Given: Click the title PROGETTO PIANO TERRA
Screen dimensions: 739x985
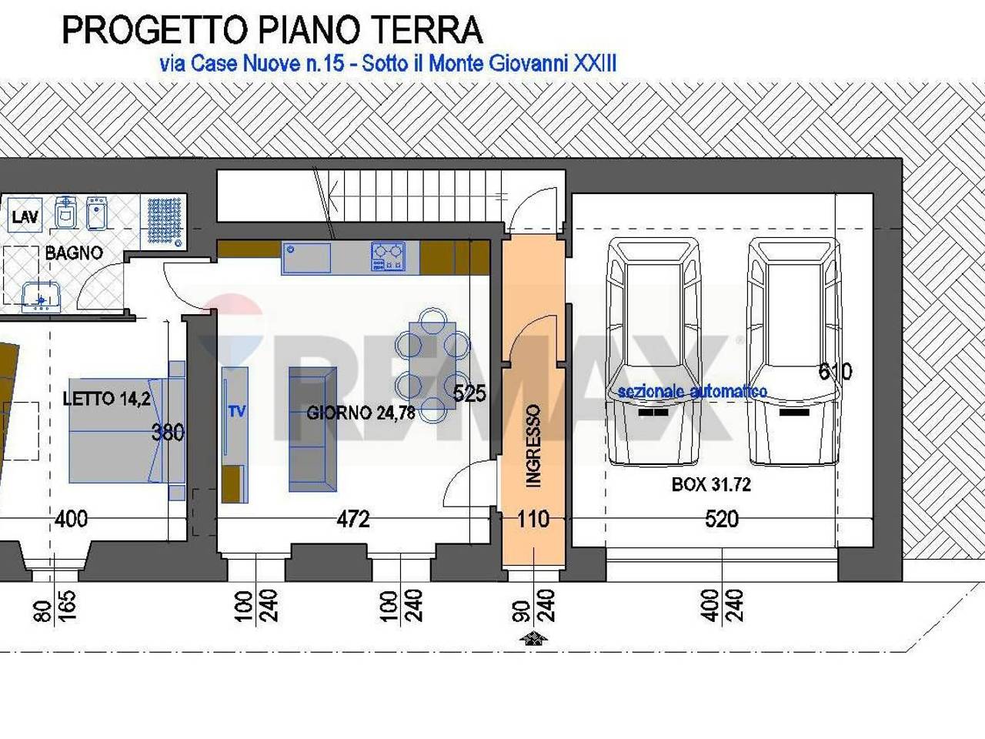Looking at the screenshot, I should [x=272, y=30].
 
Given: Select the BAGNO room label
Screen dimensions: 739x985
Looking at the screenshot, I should [x=73, y=252].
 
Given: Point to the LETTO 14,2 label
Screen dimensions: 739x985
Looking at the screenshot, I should [x=106, y=399].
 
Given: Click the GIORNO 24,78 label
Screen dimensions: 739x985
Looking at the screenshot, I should [x=360, y=413].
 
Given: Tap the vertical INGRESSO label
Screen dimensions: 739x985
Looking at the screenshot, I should [x=533, y=446].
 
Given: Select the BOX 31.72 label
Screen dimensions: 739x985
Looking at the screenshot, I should [x=711, y=484].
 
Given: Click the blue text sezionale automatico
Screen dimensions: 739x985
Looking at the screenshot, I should [x=692, y=391].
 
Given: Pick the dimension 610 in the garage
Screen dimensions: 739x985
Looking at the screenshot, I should [x=835, y=372].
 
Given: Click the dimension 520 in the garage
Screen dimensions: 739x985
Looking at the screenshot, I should [x=721, y=520].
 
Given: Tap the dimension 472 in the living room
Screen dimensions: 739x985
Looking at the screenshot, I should [x=353, y=520].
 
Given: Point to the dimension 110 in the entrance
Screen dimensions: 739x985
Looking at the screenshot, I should [x=533, y=520].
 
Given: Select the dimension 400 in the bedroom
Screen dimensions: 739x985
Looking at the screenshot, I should [x=71, y=520].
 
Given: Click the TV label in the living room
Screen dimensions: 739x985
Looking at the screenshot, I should [x=236, y=411].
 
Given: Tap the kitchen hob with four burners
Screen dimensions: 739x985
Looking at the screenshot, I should [x=388, y=257].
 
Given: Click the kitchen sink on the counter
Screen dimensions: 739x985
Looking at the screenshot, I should [x=306, y=258].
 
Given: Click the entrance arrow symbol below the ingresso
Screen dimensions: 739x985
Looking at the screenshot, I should [x=533, y=638].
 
